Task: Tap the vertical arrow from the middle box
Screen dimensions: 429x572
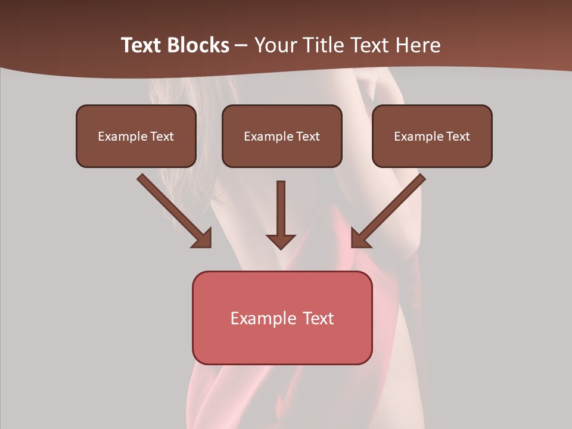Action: point(281,209)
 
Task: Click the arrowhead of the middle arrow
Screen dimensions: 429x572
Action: point(281,241)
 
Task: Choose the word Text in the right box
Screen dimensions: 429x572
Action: point(458,136)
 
